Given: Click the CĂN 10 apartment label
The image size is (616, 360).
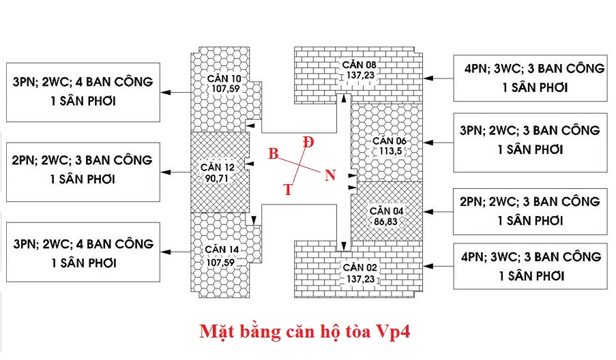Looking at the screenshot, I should coord(224,78).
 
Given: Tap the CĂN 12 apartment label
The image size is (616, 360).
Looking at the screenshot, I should coord(218,166).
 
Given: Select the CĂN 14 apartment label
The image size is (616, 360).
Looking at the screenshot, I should coord(220,249).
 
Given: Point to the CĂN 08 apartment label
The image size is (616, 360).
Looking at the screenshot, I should coord(360,65).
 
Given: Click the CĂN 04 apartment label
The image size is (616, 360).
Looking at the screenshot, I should coord(387,210).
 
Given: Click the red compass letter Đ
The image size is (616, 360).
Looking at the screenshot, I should coord(309,142).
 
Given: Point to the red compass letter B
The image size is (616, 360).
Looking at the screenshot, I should coord(273,154).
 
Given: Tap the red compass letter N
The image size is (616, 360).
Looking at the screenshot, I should coord(330,175).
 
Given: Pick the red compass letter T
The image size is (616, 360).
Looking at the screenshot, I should coord(288,190).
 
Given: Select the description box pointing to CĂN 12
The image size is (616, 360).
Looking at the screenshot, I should coord(83,171).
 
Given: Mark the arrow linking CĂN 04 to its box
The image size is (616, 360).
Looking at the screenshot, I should coord(435,211).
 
